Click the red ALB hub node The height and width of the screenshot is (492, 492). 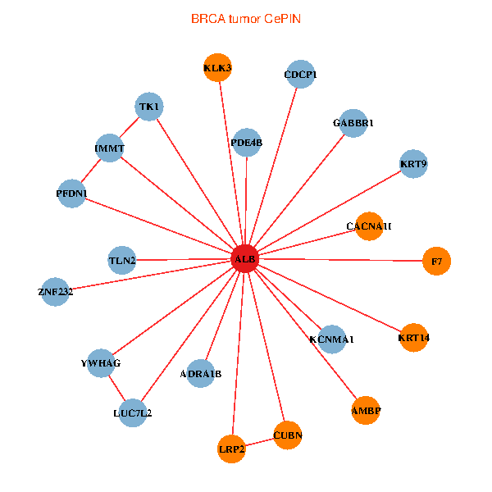tap(245, 259)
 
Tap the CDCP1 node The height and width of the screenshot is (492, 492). tap(300, 75)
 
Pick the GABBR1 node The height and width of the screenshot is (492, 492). tap(353, 123)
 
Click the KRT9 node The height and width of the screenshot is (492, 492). tap(413, 164)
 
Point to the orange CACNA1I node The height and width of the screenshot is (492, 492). tap(369, 225)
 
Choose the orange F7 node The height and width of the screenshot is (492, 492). tap(437, 261)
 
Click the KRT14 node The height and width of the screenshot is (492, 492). tap(414, 337)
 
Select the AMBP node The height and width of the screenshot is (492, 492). tap(366, 410)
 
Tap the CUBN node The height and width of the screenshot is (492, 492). tap(288, 435)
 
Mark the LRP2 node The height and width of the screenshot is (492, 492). tap(232, 449)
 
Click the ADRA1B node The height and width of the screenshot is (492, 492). tap(201, 374)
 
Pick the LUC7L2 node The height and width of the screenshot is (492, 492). tap(133, 412)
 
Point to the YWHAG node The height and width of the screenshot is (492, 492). tap(100, 362)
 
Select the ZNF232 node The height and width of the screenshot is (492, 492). tap(55, 291)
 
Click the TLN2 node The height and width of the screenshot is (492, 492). tap(122, 261)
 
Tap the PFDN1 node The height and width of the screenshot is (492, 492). tap(72, 194)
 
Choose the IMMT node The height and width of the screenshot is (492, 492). tap(109, 148)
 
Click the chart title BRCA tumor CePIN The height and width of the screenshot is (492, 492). tap(245, 18)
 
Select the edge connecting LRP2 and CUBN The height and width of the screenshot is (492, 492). tap(260, 442)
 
